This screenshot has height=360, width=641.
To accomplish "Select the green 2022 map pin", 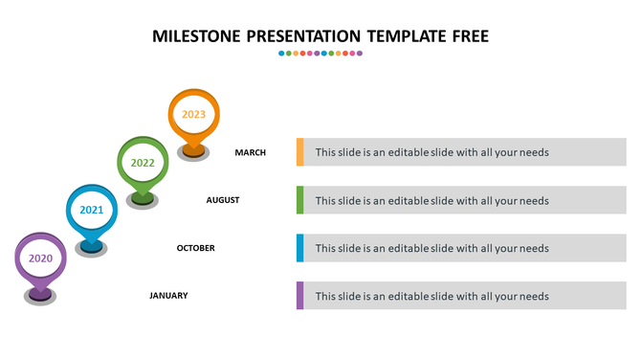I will pos(143,163).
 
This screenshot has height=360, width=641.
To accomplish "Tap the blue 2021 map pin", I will pos(91,210).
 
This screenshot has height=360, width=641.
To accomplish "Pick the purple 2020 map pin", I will pos(40,259).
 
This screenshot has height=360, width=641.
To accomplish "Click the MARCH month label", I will pos(251,152).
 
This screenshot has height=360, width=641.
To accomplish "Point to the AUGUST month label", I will pos(223,200).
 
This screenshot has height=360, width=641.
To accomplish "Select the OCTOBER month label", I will pos(196,248).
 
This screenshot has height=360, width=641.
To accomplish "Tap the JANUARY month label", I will pos(168,296).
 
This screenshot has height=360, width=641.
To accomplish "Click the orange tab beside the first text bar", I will pos(300,152).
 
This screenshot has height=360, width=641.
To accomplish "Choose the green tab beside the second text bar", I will pos(300,200).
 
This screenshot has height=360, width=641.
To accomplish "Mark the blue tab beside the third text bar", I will pos(300,248).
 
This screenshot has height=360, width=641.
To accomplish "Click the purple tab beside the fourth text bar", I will pos(300,296).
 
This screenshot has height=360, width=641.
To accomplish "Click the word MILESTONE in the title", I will pos(195,36).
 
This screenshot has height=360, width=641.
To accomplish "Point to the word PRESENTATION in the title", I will pos(302,36).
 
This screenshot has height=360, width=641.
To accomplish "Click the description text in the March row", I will pos(431,152).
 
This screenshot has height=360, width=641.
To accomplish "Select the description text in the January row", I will pos(431,296).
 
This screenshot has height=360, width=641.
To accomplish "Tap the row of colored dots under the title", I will pos(320,54).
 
